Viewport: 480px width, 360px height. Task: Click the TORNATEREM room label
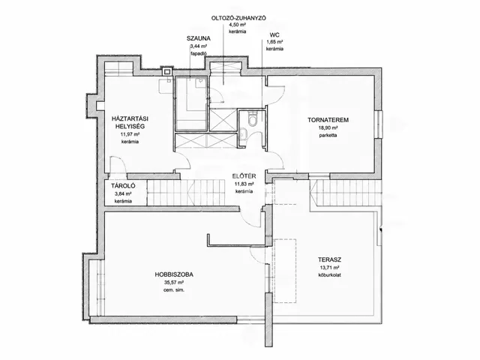(x=328, y=120)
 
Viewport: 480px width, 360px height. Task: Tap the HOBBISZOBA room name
(x=174, y=274)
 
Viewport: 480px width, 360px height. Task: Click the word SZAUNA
(x=198, y=38)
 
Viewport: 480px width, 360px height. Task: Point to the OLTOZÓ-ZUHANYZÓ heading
(x=238, y=18)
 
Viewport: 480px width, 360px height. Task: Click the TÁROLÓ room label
(x=123, y=185)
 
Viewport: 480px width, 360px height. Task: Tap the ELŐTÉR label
(x=244, y=176)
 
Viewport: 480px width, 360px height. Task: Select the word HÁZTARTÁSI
(x=130, y=118)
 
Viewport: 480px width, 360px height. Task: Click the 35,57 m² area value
(x=174, y=283)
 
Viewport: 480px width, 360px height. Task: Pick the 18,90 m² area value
(x=328, y=128)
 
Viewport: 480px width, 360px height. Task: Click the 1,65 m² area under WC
(x=274, y=42)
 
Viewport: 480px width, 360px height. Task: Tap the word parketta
(x=328, y=135)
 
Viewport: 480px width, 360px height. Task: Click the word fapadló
(x=198, y=53)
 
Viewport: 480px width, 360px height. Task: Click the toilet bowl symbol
(x=253, y=120)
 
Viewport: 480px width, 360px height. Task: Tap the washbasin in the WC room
(x=243, y=133)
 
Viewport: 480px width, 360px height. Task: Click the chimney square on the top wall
(x=167, y=72)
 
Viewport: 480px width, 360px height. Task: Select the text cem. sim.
(x=174, y=290)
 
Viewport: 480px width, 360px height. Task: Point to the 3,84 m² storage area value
(x=123, y=193)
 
